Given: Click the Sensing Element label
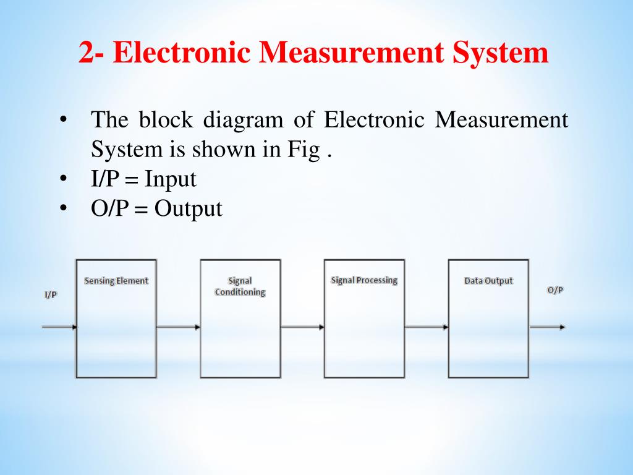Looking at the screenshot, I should pyautogui.click(x=116, y=281).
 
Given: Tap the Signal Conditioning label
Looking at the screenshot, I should pyautogui.click(x=240, y=286).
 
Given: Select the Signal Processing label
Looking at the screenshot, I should pyautogui.click(x=364, y=280).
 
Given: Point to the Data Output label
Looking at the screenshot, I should pyautogui.click(x=488, y=281).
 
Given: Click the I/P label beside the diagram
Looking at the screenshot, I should pyautogui.click(x=51, y=294).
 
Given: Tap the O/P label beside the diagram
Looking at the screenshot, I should pyautogui.click(x=555, y=290).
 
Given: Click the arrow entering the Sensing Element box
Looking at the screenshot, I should pyautogui.click(x=59, y=327).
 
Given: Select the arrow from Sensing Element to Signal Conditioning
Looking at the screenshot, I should pyautogui.click(x=178, y=327).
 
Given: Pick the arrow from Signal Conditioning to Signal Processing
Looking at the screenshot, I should pyautogui.click(x=302, y=327).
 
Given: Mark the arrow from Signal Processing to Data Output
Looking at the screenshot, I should pyautogui.click(x=427, y=327).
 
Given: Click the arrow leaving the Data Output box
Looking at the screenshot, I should pyautogui.click(x=547, y=327).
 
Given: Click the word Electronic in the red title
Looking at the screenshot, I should pyautogui.click(x=184, y=53).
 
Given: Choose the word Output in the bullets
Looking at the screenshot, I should pyautogui.click(x=188, y=208).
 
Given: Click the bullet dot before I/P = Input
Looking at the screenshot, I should pyautogui.click(x=63, y=179).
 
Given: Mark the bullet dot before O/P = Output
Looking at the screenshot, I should pyautogui.click(x=63, y=208).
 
